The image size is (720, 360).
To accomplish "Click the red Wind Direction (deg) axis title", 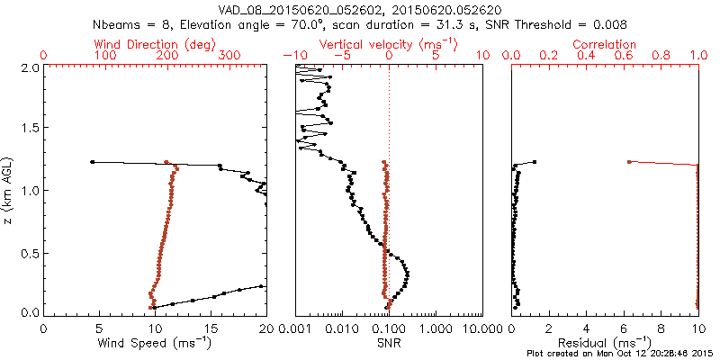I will [x=154, y=43].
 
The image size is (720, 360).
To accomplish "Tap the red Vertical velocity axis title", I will [x=388, y=43].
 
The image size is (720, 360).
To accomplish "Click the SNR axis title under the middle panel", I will [x=388, y=342].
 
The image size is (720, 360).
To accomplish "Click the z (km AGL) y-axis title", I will [x=10, y=189].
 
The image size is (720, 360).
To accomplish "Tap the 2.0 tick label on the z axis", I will [x=29, y=67].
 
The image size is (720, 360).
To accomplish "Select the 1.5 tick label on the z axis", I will [x=29, y=129].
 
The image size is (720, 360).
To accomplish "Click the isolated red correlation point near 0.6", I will [x=628, y=162].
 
